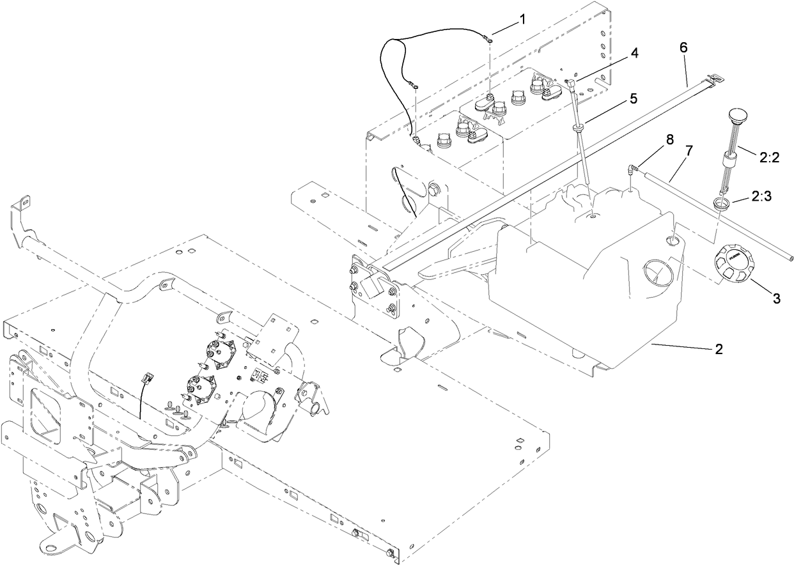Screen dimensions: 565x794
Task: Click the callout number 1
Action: [x=522, y=19]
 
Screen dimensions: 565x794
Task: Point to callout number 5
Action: [x=634, y=98]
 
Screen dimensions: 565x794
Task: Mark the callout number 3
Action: [x=776, y=298]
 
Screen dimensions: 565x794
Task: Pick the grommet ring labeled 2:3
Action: [x=721, y=205]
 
